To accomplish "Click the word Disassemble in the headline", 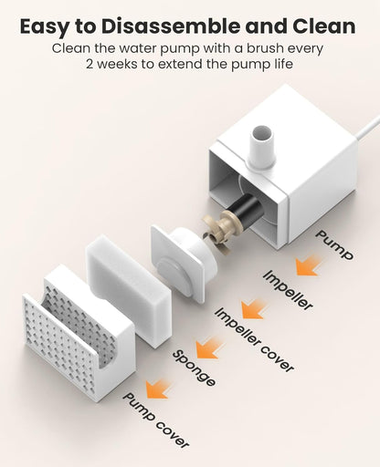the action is pos(171,26).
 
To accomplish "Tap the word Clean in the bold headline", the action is pos(323,26).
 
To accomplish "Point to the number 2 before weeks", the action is pos(90,65).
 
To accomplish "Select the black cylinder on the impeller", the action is pos(250,211).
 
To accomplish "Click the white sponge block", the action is pos(127,290).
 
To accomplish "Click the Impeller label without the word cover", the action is pos(288,290).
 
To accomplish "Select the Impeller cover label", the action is pos(255,339).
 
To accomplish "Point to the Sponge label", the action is pos(195,368).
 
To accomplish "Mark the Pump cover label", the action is pos(156,420).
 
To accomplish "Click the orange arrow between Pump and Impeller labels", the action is pos(308,265).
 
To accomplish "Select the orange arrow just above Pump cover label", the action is pos(158,389).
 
